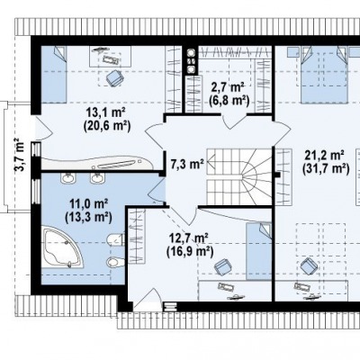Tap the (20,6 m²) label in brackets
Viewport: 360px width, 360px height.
click(x=106, y=126)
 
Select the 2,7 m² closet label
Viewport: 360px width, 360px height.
click(x=228, y=87)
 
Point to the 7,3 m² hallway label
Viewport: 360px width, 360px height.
click(x=187, y=165)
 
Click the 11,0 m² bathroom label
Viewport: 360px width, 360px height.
click(x=89, y=204)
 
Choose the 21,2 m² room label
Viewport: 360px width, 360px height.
click(x=324, y=156)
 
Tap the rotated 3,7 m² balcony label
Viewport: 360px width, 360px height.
click(x=20, y=154)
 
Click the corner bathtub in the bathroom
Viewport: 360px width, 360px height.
click(x=62, y=247)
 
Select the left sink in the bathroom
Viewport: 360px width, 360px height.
click(x=68, y=178)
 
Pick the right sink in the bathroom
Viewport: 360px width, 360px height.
click(x=97, y=178)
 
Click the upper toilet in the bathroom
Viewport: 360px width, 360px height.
click(x=115, y=239)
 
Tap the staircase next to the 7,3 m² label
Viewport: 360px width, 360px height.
click(x=239, y=177)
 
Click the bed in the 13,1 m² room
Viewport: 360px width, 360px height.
click(x=53, y=75)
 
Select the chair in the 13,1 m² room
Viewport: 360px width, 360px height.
click(x=115, y=78)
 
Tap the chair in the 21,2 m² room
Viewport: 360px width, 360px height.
click(x=309, y=265)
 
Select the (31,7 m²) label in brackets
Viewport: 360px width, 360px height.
click(x=326, y=168)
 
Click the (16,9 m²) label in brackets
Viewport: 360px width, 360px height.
click(x=190, y=252)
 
